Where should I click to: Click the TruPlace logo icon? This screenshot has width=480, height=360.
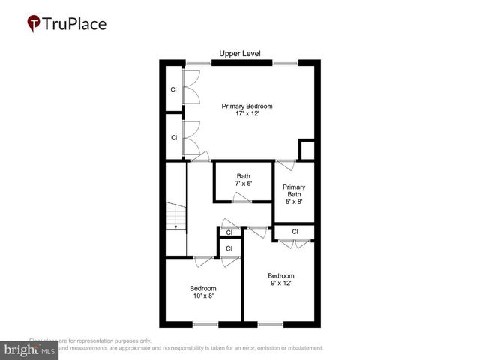coord(34,23)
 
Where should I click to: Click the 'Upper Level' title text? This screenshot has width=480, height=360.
coord(239,53)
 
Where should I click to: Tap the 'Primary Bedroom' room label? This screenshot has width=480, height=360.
coord(247,106)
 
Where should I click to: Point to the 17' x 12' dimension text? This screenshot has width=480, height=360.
coord(247,115)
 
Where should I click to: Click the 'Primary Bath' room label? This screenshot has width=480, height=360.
coord(294,191)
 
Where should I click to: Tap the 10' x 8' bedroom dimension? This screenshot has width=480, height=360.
coord(202,297)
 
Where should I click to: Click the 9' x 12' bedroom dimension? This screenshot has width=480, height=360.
coord(280,283)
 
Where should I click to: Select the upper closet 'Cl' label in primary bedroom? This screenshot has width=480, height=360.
coord(174,89)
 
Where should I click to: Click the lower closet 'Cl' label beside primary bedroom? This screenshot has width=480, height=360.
coord(174,138)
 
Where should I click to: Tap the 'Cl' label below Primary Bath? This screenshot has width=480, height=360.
coord(295,232)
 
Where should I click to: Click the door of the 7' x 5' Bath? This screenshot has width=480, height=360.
coord(241,198)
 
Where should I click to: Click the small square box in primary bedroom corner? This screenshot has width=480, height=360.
coord(307,149)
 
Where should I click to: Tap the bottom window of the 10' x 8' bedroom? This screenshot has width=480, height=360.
coord(205,324)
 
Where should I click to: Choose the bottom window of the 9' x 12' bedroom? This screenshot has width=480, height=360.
coord(271,324)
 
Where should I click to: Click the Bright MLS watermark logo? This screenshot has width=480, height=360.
coord(30,350)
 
